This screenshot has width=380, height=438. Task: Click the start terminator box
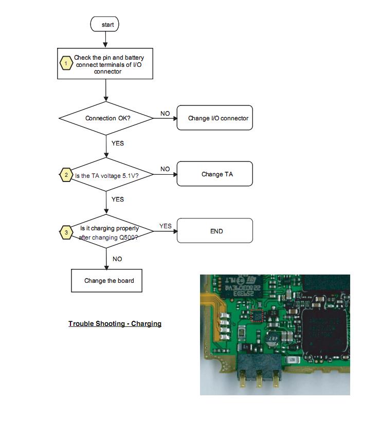[x=104, y=24]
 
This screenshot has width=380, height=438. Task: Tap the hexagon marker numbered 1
[x=66, y=63]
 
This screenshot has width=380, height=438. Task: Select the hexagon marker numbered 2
[x=66, y=175]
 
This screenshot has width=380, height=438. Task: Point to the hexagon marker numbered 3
[x=66, y=232]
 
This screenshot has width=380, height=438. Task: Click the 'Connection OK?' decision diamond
[x=106, y=118]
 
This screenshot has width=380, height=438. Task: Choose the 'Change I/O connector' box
[x=215, y=118]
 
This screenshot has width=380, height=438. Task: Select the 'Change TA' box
[x=215, y=174]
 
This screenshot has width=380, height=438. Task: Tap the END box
[x=215, y=231]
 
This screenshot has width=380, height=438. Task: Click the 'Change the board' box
[x=107, y=281]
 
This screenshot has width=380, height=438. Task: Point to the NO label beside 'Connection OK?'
[x=165, y=114]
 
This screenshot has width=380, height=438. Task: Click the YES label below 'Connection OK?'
[x=118, y=143]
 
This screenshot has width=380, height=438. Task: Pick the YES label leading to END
[x=166, y=226]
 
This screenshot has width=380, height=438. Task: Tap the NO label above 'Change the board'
[x=117, y=259]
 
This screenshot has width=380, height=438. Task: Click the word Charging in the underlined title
[x=147, y=323]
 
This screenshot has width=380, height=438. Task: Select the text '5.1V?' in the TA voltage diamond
[x=131, y=176]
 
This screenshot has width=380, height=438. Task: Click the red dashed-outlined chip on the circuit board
[x=257, y=316]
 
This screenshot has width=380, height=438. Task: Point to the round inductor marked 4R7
[x=272, y=339]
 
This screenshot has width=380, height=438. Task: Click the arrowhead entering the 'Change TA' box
[x=175, y=175]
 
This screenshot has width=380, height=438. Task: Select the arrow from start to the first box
[x=105, y=40]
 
